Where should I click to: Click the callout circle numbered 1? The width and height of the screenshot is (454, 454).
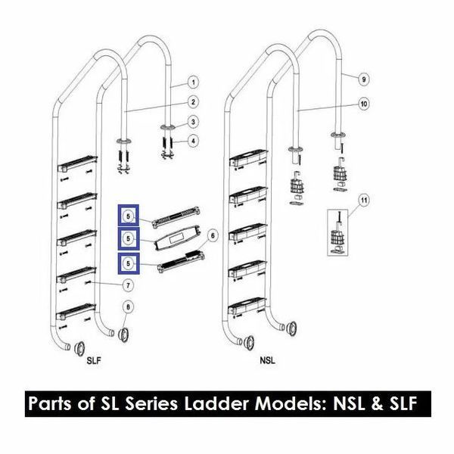193,82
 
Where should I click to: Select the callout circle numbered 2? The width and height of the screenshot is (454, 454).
193,102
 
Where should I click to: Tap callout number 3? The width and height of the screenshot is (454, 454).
193,122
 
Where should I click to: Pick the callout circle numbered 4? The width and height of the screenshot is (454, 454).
193,141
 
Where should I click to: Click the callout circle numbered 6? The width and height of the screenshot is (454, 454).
213,235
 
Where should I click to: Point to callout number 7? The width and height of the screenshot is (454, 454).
128,285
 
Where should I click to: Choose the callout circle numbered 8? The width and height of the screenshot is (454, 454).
129,307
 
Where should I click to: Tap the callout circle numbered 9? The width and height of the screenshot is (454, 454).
364,79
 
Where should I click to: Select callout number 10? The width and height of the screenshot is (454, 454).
364,104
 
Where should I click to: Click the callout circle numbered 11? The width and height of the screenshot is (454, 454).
364,200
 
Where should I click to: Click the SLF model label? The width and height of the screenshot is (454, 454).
94,361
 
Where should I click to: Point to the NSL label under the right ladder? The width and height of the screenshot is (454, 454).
267,361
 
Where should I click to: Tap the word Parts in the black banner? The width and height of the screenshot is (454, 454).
50,403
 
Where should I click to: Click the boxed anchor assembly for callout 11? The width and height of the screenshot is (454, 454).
337,233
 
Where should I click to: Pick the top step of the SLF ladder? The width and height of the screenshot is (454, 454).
77,163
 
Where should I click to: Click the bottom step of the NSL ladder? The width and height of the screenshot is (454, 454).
247,306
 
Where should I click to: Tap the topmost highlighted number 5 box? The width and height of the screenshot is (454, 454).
129,216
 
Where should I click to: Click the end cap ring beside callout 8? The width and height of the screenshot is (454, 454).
123,335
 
